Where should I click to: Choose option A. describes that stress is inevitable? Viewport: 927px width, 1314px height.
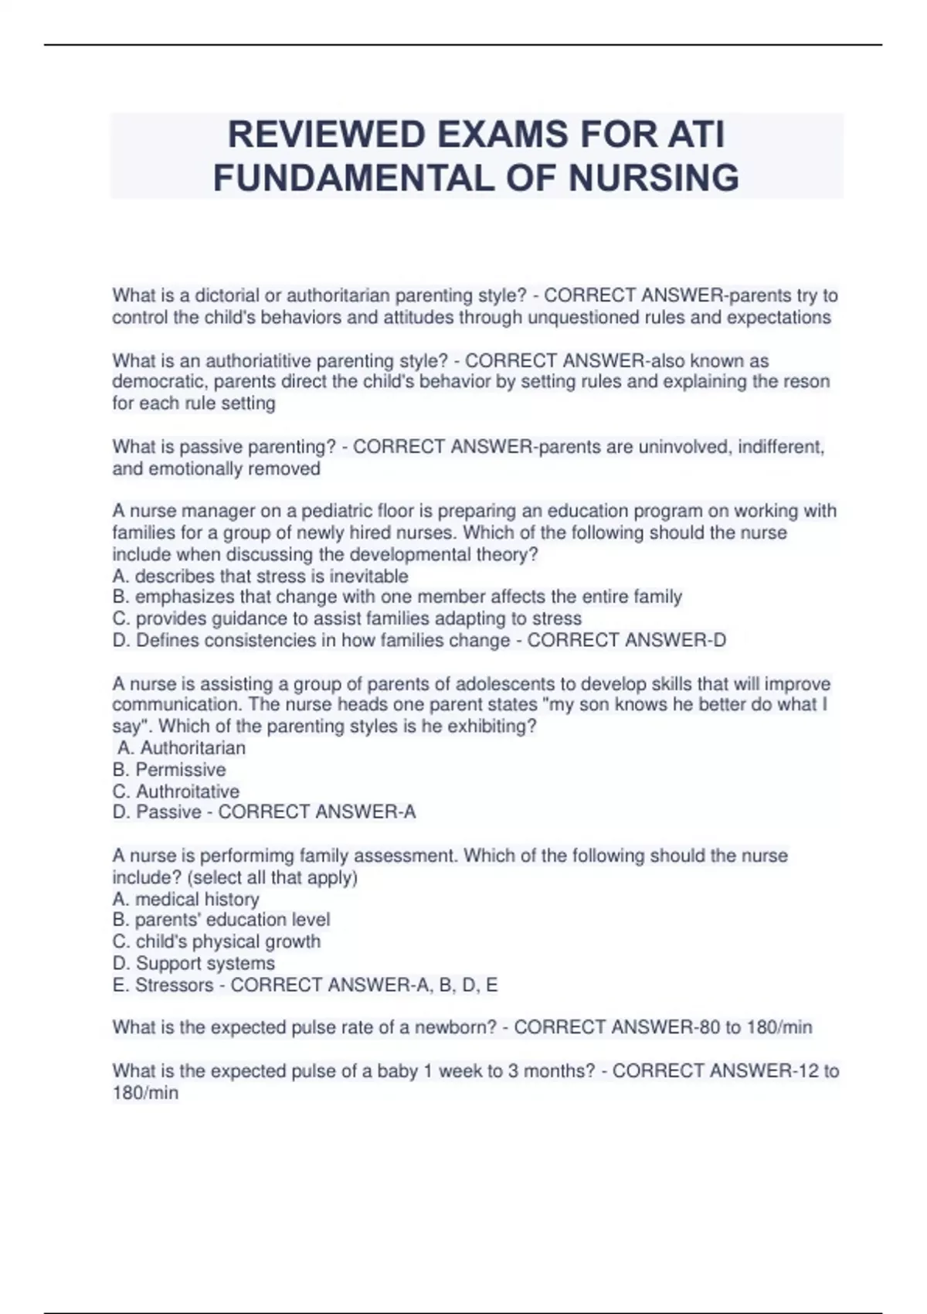(x=260, y=576)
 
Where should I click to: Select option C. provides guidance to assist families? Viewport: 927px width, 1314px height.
(x=347, y=618)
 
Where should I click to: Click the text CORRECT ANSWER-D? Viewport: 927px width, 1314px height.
(x=626, y=640)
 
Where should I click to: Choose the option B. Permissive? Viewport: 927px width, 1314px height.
(x=169, y=770)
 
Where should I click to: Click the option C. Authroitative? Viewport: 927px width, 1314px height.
(x=176, y=791)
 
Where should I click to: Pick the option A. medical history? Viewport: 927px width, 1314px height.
(x=185, y=899)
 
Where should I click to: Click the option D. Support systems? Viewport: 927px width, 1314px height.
(x=193, y=963)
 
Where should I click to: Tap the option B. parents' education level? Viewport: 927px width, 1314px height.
(x=221, y=920)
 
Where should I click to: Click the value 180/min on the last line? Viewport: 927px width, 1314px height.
(x=145, y=1093)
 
